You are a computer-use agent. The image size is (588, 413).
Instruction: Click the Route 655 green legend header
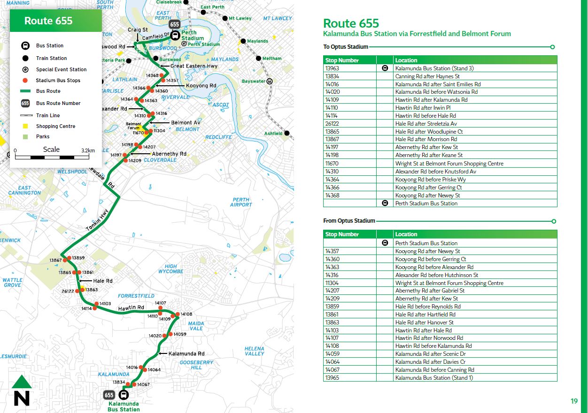56,21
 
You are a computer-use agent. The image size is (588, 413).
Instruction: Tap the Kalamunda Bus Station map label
124,406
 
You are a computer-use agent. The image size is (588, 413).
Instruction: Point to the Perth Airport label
241,202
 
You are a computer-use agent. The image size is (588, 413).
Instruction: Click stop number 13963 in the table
332,68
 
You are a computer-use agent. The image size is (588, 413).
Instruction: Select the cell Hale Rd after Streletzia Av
426,124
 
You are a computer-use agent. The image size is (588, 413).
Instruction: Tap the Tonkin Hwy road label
97,220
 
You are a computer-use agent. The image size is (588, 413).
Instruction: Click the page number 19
574,401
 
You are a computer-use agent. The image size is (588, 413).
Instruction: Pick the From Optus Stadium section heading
349,221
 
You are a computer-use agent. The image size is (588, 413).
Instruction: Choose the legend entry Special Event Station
61,69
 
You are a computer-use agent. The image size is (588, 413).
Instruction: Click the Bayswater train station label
253,81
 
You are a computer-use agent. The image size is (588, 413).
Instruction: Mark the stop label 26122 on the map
68,291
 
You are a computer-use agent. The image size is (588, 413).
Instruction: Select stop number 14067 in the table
332,370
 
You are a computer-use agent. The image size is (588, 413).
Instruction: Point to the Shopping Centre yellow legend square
25,126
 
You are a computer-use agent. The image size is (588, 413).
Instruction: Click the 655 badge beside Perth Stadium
175,24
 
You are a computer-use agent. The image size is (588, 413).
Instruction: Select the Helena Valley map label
254,351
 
